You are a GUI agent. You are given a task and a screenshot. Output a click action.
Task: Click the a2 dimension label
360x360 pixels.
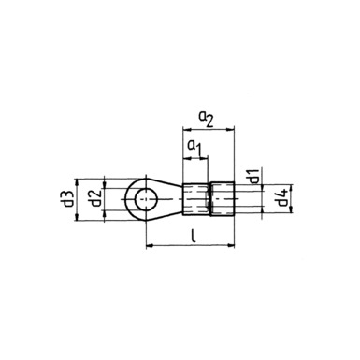(207, 120)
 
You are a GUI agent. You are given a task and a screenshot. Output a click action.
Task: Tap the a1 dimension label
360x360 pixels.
(194, 148)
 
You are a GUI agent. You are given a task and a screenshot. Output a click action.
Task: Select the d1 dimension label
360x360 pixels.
(253, 176)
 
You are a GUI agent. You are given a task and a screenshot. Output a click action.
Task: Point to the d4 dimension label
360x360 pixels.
(282, 198)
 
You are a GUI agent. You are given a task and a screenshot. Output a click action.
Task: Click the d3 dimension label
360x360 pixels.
(67, 199)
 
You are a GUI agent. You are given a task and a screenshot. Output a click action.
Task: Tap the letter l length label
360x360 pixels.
(194, 237)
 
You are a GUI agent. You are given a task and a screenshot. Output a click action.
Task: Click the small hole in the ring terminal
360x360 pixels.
(146, 199)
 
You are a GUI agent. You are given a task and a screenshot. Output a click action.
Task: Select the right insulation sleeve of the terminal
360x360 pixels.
(223, 198)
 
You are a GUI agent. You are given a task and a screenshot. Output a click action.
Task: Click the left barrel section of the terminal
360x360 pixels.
(195, 199)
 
